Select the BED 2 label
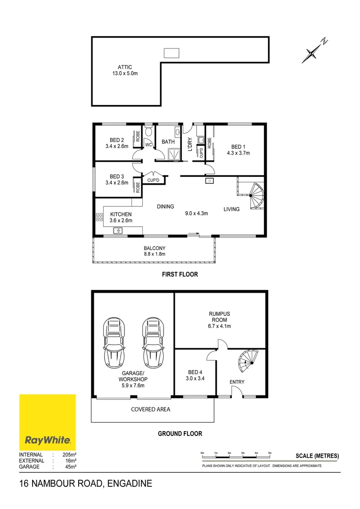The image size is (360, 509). click(116, 140)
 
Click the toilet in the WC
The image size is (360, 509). click(148, 130)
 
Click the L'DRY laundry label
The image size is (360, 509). click(189, 144)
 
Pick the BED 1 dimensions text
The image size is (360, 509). click(238, 153)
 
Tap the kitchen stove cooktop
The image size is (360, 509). click(99, 217)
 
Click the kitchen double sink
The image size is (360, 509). click(118, 230)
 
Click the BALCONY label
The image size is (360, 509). click(155, 248)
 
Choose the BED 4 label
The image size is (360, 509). click(196, 371)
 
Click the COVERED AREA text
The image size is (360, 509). click(150, 409)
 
